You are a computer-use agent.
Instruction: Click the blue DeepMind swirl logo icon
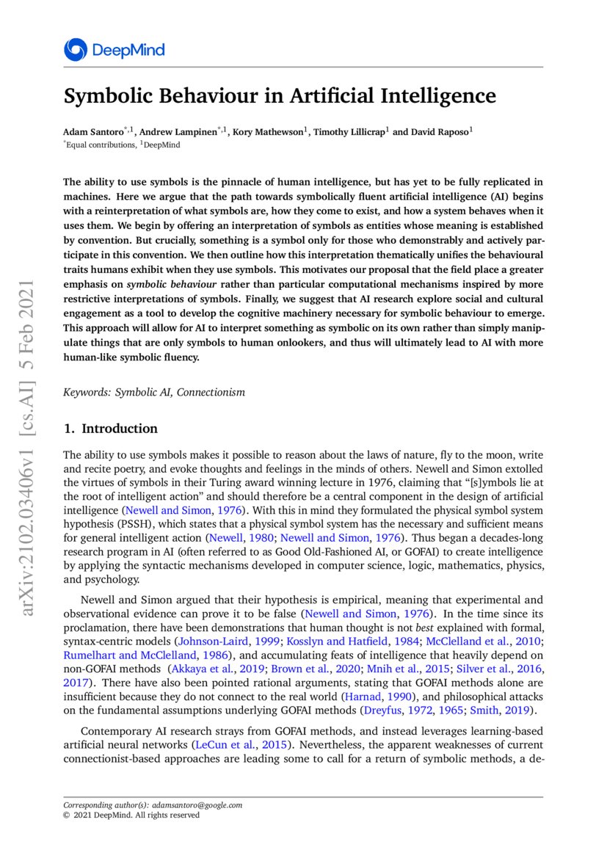click(76, 50)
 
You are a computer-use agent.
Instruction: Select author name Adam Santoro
click(92, 132)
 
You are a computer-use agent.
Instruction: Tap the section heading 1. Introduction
click(110, 429)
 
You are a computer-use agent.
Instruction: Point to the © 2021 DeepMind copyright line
click(131, 815)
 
